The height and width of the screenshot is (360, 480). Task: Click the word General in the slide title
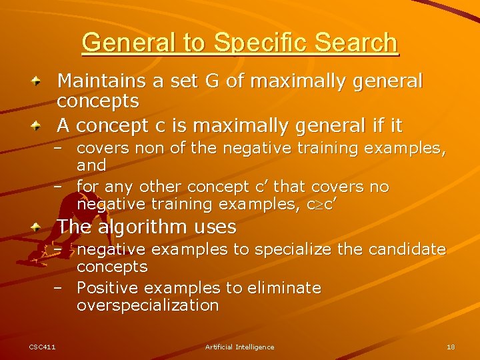tap(131, 43)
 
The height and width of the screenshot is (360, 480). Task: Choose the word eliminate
tap(283, 288)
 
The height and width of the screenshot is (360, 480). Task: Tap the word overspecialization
tap(147, 305)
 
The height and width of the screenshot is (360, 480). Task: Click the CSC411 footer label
tap(42, 347)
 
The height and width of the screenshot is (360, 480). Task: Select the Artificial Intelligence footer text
tap(239, 347)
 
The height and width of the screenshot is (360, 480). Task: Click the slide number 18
tap(451, 347)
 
